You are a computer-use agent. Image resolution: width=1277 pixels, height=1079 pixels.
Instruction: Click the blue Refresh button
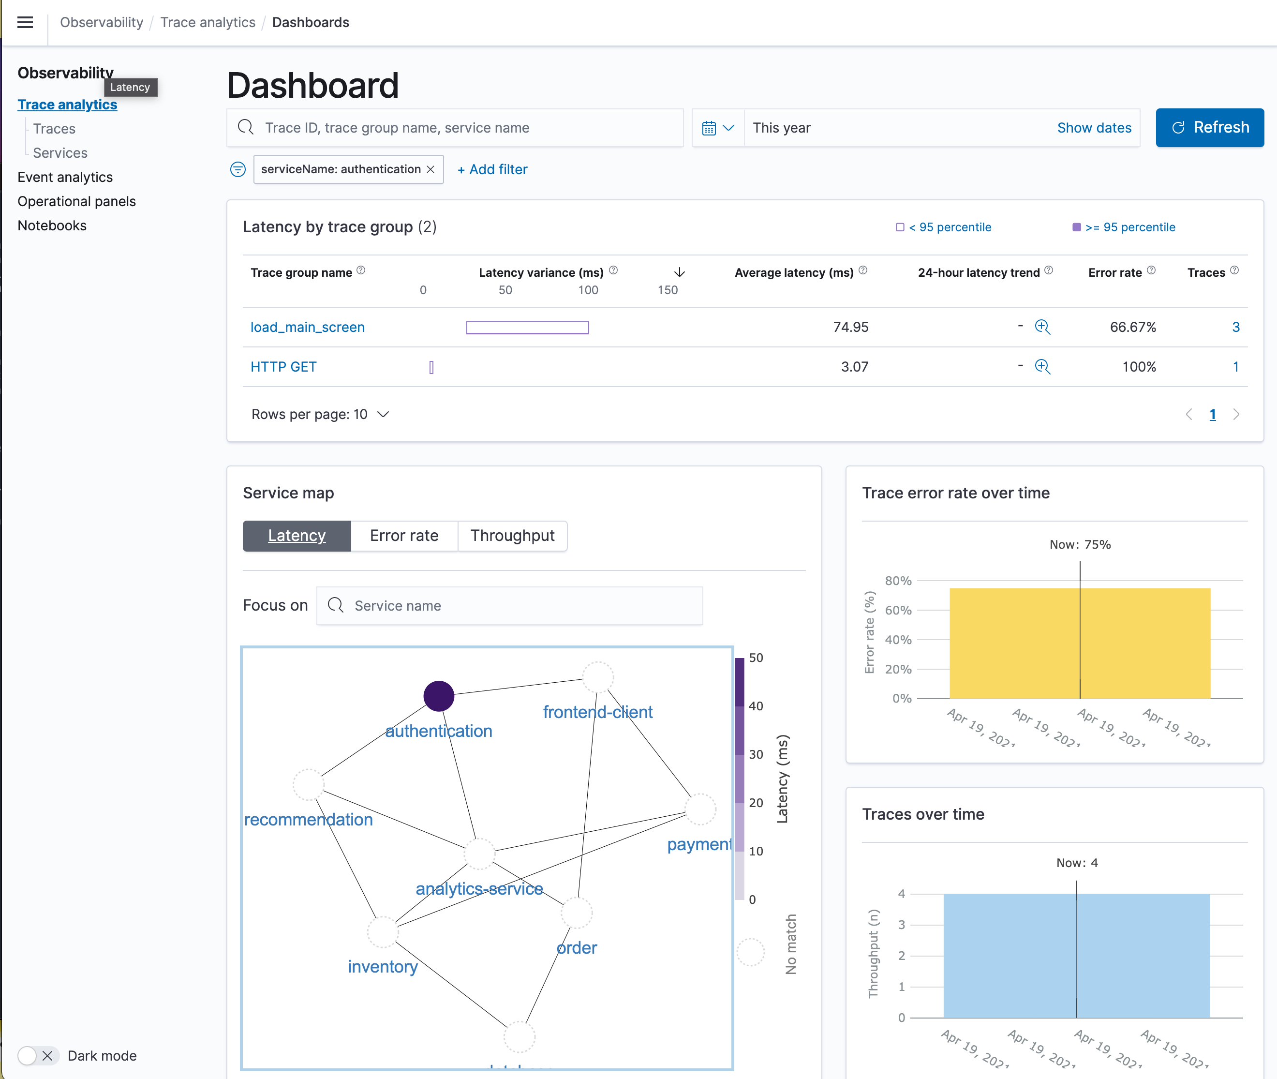point(1209,127)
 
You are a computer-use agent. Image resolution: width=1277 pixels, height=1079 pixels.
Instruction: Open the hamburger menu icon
point(25,23)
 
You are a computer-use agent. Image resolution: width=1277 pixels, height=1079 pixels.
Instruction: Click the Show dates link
point(1094,128)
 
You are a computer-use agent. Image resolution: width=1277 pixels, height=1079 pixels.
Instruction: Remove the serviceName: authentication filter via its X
point(431,169)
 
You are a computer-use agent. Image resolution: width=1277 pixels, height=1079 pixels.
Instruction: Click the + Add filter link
point(492,169)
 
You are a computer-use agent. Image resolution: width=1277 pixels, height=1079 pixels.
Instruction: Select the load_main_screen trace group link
point(307,327)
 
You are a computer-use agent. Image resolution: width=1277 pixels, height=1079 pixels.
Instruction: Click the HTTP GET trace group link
point(283,367)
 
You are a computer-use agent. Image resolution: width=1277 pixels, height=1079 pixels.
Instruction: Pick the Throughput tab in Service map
point(512,536)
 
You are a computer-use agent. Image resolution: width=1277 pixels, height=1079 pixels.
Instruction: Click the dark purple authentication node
point(439,696)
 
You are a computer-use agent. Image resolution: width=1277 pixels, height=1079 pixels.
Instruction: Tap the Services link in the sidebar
point(60,153)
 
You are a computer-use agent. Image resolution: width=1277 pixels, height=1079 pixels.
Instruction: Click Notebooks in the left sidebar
point(52,225)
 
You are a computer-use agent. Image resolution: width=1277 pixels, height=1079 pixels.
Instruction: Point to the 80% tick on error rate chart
point(898,581)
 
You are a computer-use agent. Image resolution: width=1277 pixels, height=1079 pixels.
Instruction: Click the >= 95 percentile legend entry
point(1124,227)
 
